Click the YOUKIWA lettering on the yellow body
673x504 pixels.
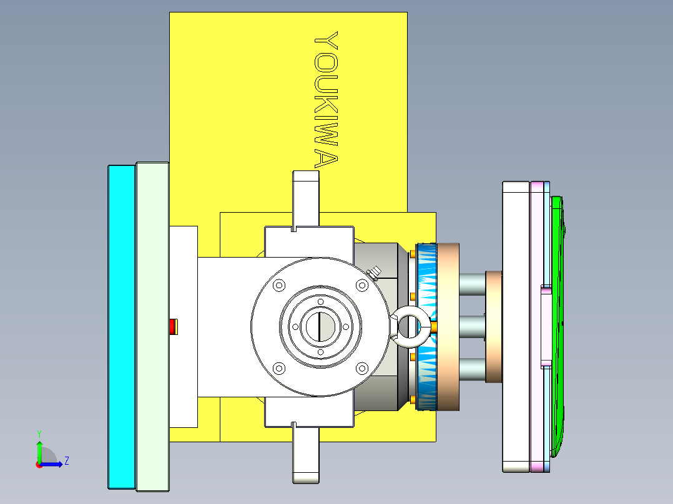326,100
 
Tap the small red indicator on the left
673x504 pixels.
172,326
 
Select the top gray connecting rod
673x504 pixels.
473,284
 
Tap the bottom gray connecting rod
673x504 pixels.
473,369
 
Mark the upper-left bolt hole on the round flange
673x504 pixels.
279,285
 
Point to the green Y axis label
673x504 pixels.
39,433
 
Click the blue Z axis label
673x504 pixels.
66,461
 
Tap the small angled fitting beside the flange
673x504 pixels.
375,272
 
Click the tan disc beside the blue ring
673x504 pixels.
448,326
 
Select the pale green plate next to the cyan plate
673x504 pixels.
152,326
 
